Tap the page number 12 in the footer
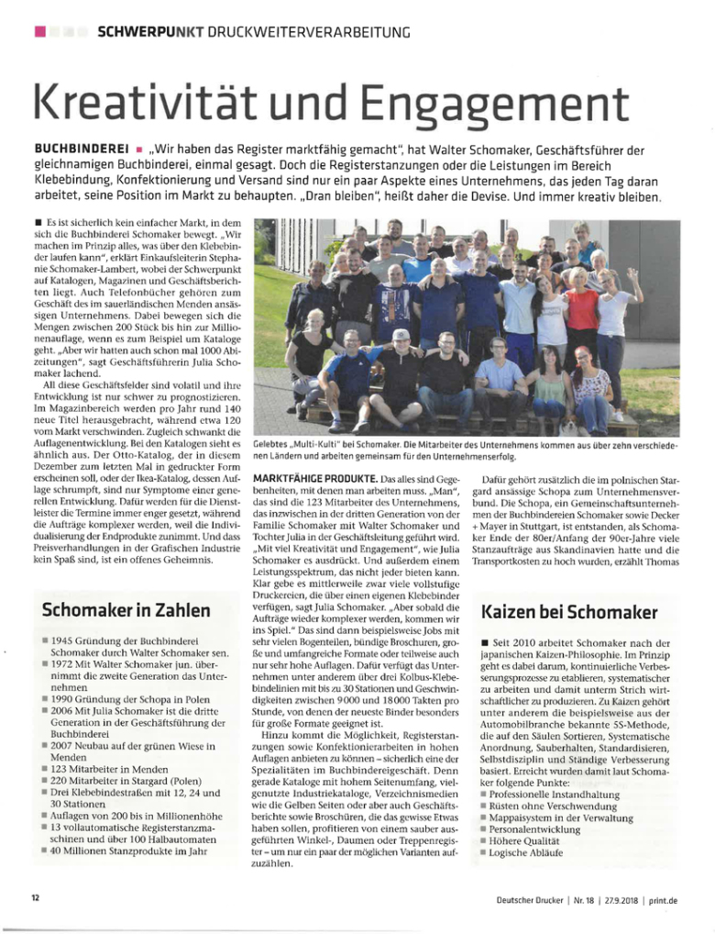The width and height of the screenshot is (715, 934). point(35,898)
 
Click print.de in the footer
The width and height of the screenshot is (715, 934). point(662,900)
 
